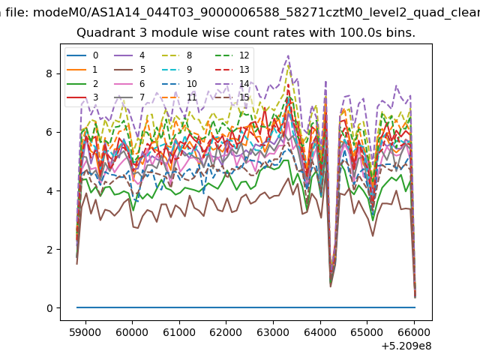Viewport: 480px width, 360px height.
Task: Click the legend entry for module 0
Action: coord(82,55)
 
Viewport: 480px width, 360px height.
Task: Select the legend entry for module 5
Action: coord(130,70)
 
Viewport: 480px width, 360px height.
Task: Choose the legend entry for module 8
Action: coord(176,55)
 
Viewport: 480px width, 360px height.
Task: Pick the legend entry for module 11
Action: coord(178,97)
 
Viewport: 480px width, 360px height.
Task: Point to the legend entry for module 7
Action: coord(129,97)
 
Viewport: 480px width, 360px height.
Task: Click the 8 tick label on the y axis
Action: coord(49,73)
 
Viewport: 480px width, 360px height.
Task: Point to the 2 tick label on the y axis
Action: coord(49,250)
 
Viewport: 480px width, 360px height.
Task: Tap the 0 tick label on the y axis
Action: coord(49,308)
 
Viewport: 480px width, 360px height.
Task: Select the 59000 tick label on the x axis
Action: coord(85,332)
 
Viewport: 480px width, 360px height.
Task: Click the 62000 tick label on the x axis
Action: coord(226,332)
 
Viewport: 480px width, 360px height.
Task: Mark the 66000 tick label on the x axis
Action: coord(414,332)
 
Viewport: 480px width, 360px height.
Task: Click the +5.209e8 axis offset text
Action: coord(406,346)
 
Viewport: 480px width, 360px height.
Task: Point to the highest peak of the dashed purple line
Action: coord(288,55)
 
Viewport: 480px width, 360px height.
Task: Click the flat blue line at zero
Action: coord(246,307)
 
